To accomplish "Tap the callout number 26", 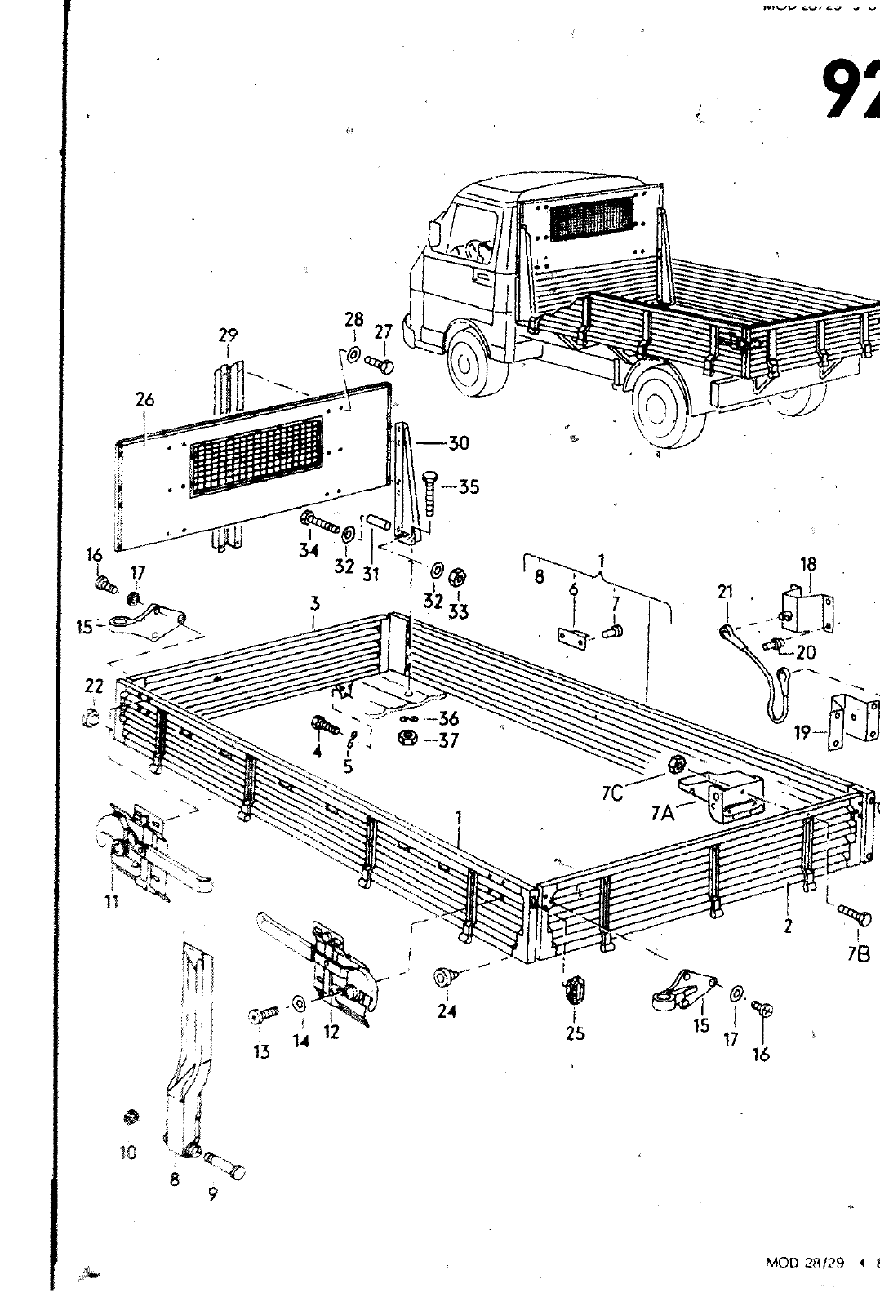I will (144, 400).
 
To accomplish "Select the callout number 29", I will (228, 335).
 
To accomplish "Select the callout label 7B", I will (858, 953).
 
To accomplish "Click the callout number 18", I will (808, 564).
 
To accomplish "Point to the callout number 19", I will (803, 733).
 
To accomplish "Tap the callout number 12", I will (331, 1032).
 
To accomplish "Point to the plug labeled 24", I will (446, 975).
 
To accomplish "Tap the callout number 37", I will (448, 740).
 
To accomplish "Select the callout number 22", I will (94, 687).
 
